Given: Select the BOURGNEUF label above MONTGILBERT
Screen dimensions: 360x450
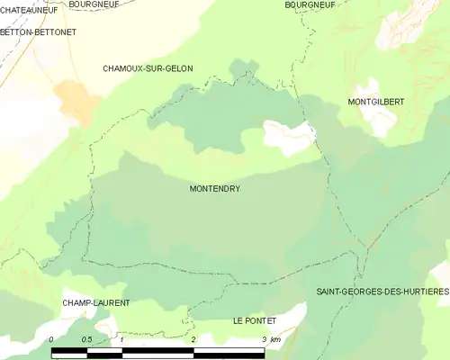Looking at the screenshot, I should point(310,4).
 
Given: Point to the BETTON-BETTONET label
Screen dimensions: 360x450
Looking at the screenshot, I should point(39,31).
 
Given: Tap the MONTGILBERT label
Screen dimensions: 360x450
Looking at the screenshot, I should point(375,103).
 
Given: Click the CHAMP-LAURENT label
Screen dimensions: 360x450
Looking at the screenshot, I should point(96,303).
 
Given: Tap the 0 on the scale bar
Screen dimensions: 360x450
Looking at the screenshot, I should point(51,339).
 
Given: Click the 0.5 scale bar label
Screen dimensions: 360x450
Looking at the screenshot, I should point(86,339).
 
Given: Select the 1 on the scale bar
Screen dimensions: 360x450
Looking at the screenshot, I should point(121,339).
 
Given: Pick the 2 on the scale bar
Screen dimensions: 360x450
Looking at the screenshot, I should point(193,339).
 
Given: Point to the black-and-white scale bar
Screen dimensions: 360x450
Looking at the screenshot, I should point(157,350).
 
